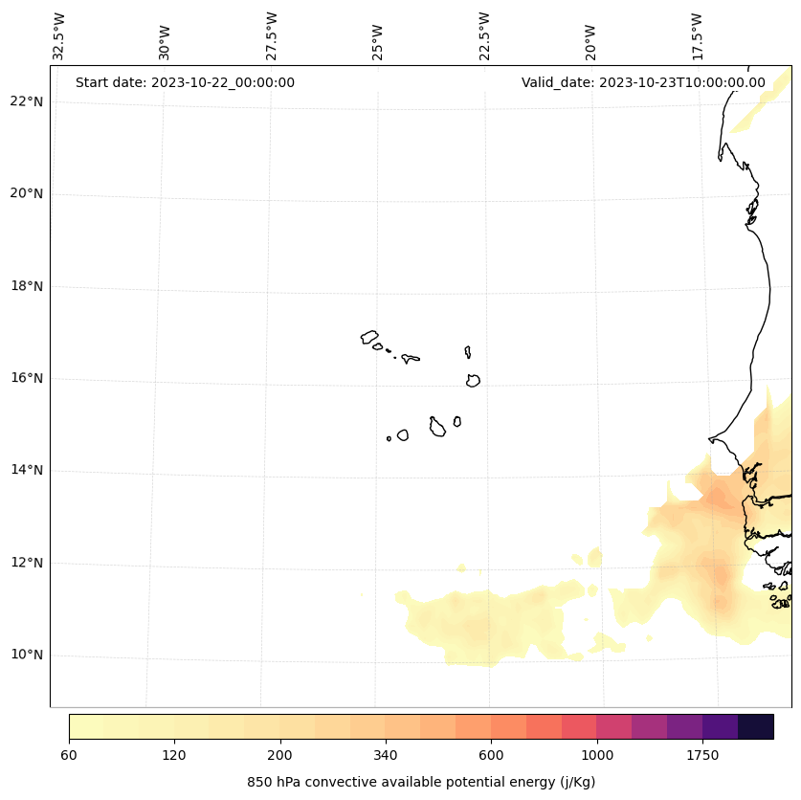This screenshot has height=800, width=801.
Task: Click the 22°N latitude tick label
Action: tap(26, 101)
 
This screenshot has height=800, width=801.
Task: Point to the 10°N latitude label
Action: tap(26, 655)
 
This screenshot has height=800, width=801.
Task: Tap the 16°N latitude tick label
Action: tap(26, 378)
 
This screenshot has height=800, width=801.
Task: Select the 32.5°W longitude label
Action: tap(59, 36)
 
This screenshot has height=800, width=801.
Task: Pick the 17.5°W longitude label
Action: tap(698, 36)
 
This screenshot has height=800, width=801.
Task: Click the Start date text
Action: tap(185, 82)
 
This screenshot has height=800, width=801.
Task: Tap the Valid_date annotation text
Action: tap(643, 82)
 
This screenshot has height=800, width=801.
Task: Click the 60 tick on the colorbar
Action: tap(69, 756)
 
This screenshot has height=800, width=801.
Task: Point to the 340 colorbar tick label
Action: tap(386, 756)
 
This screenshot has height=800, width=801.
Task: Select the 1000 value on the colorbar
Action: tap(597, 756)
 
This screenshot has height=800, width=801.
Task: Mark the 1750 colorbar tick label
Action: tap(702, 756)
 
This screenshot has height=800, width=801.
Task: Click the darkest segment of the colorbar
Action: tap(756, 726)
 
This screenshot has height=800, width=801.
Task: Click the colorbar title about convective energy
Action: tap(421, 782)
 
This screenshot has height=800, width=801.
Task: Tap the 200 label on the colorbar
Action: tap(279, 756)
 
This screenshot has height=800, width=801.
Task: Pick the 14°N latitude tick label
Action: tap(26, 470)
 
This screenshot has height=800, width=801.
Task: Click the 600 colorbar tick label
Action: tap(491, 756)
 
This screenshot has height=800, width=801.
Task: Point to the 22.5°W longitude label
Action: tap(484, 36)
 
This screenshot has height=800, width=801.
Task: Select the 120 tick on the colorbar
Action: tap(174, 756)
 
